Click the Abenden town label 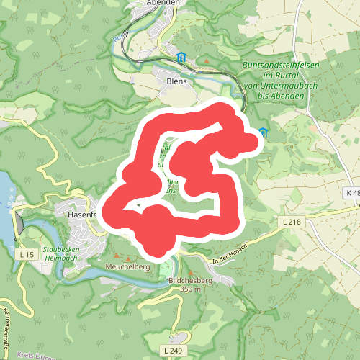pos(161,3)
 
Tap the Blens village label pos(176,81)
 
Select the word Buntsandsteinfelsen pos(282,66)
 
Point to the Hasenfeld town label pos(76,215)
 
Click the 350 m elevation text pos(190,289)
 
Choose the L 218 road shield pos(292,222)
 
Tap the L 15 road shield pos(27,255)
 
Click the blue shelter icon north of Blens pos(181,57)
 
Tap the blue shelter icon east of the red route pos(263,132)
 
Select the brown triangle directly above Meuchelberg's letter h pos(129,258)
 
